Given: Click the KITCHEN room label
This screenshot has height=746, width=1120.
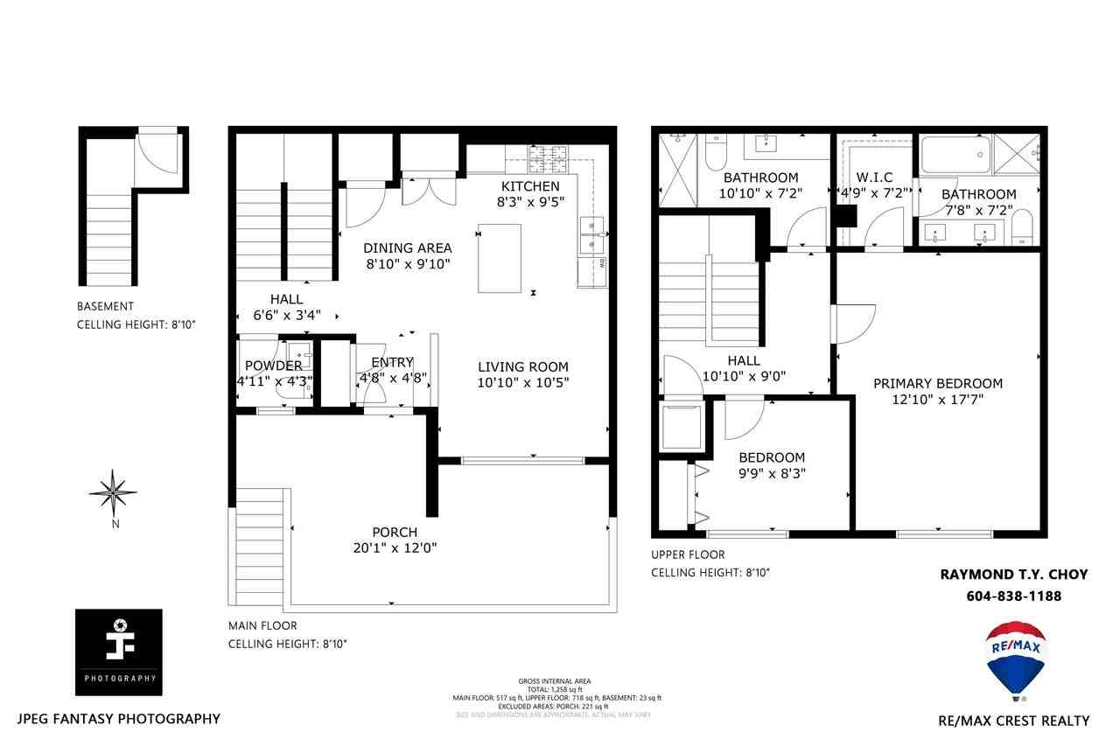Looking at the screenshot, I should pos(529,186).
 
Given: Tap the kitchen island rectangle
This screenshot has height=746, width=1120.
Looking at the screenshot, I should pos(500,258).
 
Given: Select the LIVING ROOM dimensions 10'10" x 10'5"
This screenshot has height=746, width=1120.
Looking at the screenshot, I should pos(523,382).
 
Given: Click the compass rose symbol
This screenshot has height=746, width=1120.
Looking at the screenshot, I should pos(113,492).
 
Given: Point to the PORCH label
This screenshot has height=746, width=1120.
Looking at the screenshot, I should pos(395,532).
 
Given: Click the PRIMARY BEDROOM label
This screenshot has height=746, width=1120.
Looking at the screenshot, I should pos(938,383).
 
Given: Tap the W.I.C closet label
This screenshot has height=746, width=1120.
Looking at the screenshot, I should pos(876,178).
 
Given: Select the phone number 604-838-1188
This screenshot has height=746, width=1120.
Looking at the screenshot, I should pos(1014,596).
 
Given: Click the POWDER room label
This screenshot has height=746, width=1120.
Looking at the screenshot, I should pos(273,366).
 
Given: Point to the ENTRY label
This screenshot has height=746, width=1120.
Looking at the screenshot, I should pos(392,363).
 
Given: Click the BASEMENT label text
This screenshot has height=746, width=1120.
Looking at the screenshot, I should pos(106,306).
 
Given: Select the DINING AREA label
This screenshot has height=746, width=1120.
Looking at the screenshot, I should pos(408,248).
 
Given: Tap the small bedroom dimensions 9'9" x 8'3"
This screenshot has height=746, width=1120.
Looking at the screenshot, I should pos(772,473).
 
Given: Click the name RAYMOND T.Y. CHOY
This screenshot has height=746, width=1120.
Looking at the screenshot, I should pos(1013,575).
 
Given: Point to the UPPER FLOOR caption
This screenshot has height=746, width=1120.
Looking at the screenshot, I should pos(688,554).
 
